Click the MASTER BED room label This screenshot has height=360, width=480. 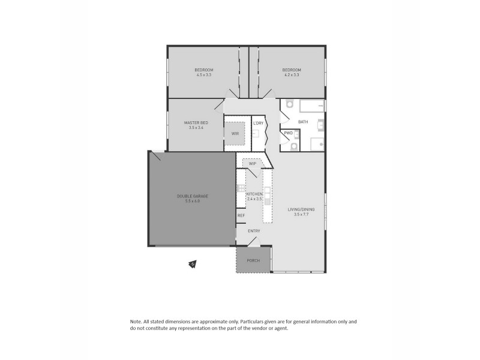tap(196, 122)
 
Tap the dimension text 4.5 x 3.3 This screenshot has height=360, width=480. tap(205, 75)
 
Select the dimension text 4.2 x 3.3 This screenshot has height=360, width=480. tap(292, 75)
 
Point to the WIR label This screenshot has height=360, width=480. tap(235, 134)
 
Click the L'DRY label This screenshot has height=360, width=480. tap(258, 123)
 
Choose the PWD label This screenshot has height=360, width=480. tap(289, 133)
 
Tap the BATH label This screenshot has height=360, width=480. tap(303, 122)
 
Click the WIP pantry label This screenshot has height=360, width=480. tap(253, 163)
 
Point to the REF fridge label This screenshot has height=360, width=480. tap(241, 215)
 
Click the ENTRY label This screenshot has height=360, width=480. tap(254, 231)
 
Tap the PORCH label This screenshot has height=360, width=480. tap(253, 260)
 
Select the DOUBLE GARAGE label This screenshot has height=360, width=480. tap(192, 196)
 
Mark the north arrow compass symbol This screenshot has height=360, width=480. tap(193, 263)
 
